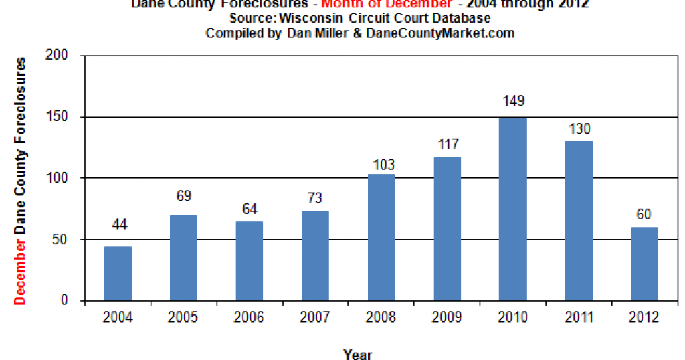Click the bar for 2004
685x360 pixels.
[118, 274]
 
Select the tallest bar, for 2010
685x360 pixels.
[513, 209]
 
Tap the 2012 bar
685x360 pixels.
[644, 264]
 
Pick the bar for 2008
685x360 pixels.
[381, 238]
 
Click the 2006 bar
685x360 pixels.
[250, 261]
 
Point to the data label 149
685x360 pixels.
[513, 102]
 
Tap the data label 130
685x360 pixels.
[579, 129]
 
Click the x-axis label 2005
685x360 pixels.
[183, 317]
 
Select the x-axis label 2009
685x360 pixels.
[447, 317]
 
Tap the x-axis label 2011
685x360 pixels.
[579, 317]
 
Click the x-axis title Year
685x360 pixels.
[358, 354]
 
